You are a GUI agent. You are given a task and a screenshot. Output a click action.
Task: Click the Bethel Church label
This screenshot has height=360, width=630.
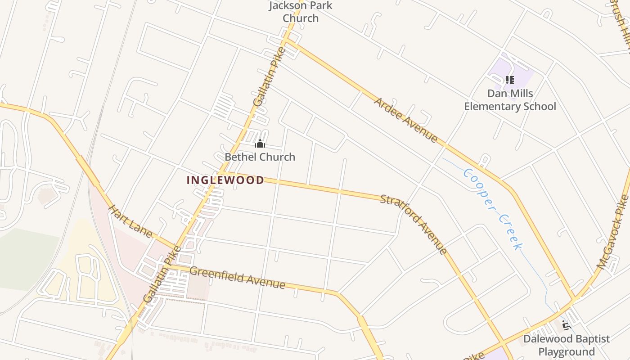(260, 157)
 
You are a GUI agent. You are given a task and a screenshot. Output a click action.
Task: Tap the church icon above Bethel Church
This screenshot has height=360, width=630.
(260, 144)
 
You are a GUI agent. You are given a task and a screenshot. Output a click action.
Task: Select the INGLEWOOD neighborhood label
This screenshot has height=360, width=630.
(225, 180)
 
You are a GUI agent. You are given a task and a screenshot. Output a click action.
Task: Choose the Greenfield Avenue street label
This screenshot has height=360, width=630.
(237, 278)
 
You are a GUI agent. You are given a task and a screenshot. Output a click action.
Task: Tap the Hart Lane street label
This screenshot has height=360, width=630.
(131, 221)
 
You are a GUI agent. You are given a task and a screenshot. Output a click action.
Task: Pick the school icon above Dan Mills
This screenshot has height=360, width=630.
(509, 80)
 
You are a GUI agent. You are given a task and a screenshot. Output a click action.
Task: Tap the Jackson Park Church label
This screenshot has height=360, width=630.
(301, 12)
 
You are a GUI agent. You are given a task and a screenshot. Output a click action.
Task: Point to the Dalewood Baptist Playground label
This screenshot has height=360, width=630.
(567, 345)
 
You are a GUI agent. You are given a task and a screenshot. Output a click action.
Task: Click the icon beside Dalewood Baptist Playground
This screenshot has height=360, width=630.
(566, 325)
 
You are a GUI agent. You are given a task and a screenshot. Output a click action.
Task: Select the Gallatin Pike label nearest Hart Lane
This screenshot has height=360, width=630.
(161, 274)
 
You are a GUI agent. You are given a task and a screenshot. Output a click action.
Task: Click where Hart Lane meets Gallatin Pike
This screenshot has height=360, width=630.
(176, 248)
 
